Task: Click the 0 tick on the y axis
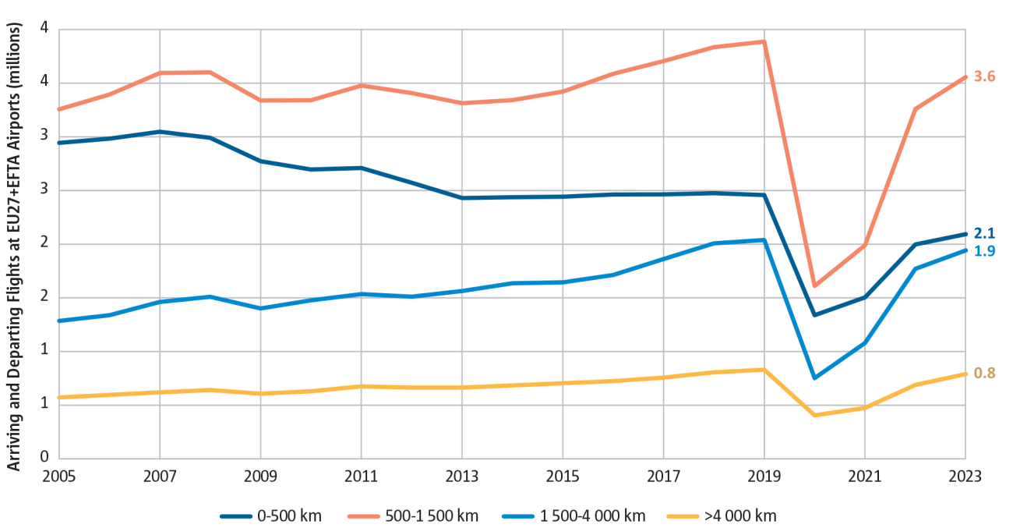click(44, 458)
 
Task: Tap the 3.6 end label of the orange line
click(985, 76)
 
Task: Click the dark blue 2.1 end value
click(985, 233)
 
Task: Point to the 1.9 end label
click(985, 250)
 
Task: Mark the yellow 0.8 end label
click(985, 373)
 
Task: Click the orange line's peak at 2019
click(764, 41)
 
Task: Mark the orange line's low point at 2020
click(814, 286)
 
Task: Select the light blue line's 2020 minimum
click(814, 378)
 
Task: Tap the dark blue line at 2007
click(160, 132)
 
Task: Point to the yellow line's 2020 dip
click(814, 415)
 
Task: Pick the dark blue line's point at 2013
click(462, 198)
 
